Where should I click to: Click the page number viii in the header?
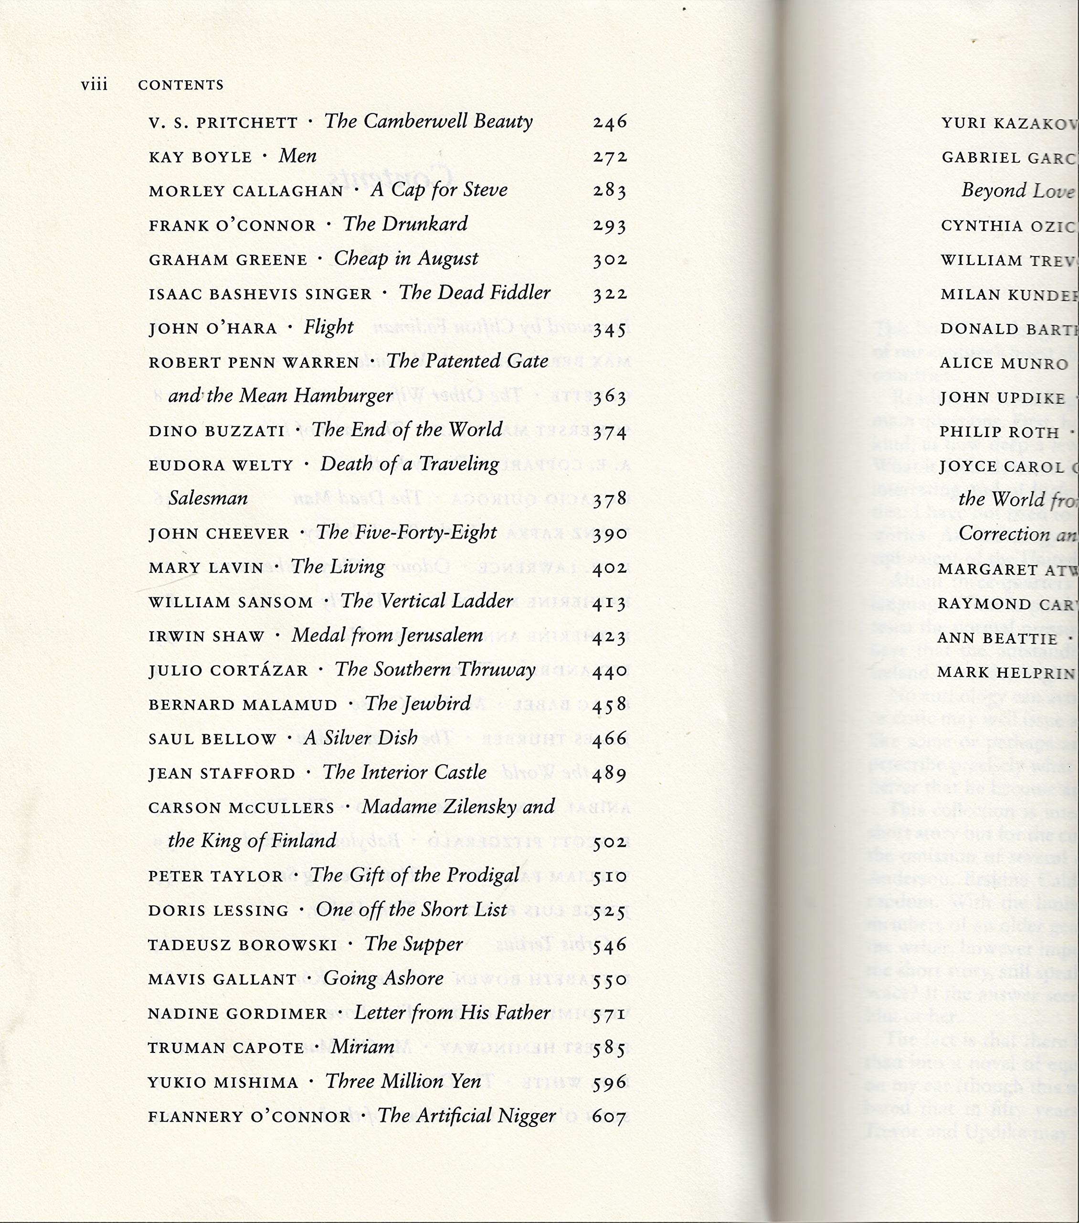95,85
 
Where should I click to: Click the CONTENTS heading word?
180,85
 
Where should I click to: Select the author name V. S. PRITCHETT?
223,123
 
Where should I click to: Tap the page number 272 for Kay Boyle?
610,157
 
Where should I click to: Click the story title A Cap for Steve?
439,190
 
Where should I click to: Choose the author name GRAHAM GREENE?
228,260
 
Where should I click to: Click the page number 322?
610,294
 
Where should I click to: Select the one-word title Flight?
328,327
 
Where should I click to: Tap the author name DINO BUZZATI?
217,431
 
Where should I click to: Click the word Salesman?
208,498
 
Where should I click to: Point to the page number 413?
610,602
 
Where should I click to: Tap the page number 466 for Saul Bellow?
610,739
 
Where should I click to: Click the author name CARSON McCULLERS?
241,808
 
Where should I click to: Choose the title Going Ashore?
384,978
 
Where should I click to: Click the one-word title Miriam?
362,1047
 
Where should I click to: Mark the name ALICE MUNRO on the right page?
1004,364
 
